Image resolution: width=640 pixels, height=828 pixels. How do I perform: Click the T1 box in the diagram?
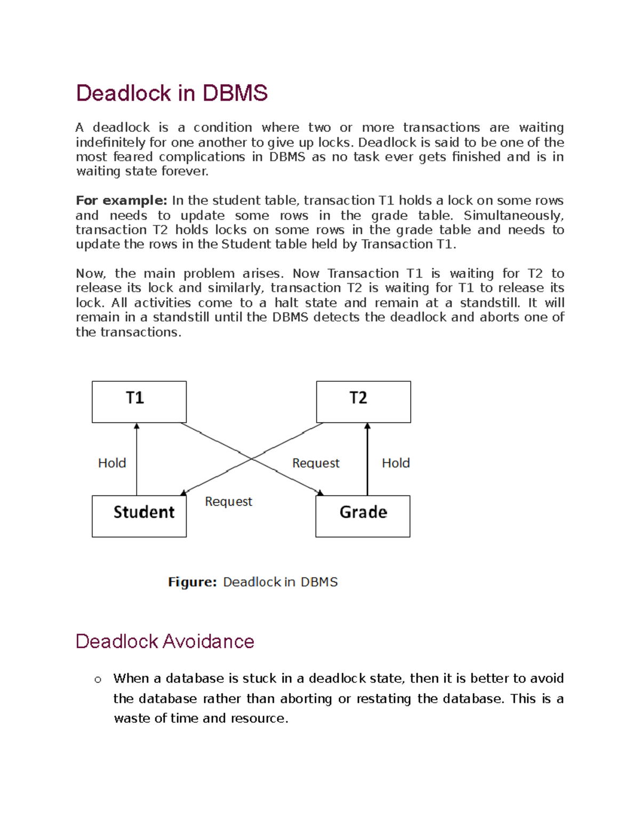tap(139, 401)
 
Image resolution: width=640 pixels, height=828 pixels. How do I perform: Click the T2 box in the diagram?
tap(363, 401)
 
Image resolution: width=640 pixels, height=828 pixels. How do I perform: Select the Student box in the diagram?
tap(139, 516)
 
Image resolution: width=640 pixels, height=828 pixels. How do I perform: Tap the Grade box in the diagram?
tap(363, 516)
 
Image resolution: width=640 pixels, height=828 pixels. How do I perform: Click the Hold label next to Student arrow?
tap(112, 463)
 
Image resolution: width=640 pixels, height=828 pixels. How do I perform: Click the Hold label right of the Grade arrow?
tap(396, 463)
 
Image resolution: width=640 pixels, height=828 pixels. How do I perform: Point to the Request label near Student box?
tap(228, 501)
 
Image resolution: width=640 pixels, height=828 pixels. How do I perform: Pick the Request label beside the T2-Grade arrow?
tap(316, 463)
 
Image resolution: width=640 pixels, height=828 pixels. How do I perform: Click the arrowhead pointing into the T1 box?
tap(137, 426)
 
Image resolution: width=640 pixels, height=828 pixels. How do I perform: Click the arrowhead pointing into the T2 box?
tap(367, 426)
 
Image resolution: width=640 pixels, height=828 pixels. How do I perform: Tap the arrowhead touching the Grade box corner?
tap(320, 493)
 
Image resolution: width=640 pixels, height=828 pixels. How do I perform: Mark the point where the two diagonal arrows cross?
tap(252, 459)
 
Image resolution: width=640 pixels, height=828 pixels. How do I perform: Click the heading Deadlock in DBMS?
tap(172, 93)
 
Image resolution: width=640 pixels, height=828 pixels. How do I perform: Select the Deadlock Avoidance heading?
tap(165, 641)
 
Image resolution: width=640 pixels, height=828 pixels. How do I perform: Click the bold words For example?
tap(122, 200)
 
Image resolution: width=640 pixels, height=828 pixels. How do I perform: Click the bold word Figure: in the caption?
tap(192, 582)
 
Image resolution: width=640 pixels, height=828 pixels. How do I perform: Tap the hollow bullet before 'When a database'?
tap(98, 679)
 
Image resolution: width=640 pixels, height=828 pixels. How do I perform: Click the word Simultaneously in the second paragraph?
tap(512, 215)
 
